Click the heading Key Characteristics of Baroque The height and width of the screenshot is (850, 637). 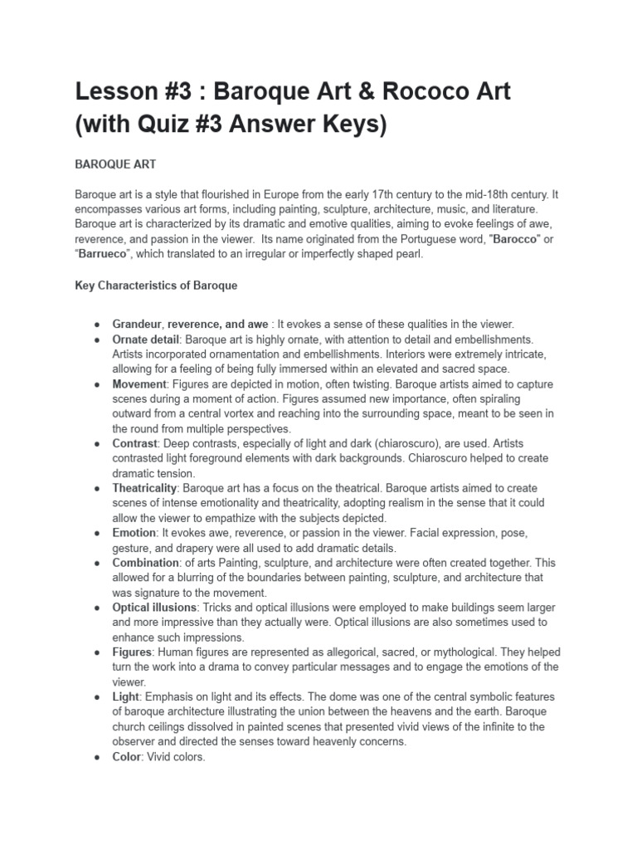pyautogui.click(x=156, y=286)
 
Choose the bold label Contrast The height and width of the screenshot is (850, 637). pyautogui.click(x=135, y=444)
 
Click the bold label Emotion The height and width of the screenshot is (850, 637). pyautogui.click(x=134, y=533)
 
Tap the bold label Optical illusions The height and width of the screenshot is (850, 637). pyautogui.click(x=153, y=608)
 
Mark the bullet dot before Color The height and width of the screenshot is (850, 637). pyautogui.click(x=98, y=756)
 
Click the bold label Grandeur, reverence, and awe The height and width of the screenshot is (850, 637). pyautogui.click(x=190, y=325)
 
